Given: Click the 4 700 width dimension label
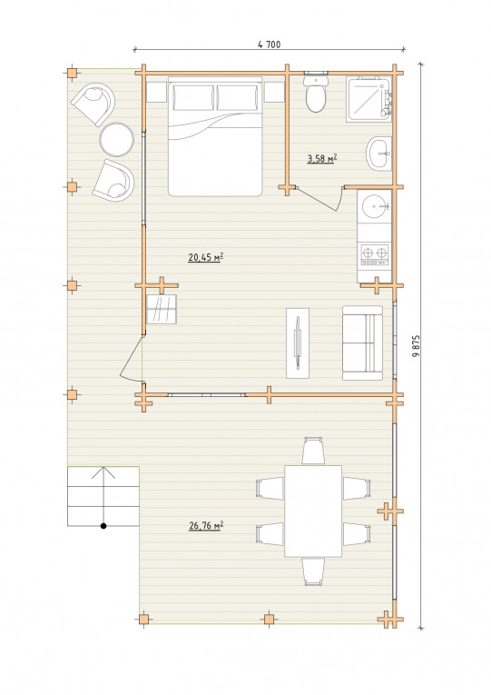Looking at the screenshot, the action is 269,45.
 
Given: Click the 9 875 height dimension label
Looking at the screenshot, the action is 416,346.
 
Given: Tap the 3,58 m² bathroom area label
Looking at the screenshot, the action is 322,158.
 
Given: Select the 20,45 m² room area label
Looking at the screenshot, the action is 205,257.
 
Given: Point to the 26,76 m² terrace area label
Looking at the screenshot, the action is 206,526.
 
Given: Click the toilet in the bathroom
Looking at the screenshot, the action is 316,93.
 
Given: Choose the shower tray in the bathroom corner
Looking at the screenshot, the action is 369,99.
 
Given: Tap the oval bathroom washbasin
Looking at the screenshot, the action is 379,154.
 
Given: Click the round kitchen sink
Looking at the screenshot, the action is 375,206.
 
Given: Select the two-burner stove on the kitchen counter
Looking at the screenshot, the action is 375,255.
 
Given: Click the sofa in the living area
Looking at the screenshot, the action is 363,343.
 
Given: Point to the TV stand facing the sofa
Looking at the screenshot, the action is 298,343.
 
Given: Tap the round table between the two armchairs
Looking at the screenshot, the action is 116,140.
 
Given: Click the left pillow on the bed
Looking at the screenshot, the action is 193,97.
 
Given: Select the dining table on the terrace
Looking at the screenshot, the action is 313,511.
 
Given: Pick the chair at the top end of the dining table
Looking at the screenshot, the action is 313,451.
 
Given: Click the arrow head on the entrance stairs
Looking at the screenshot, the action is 103,472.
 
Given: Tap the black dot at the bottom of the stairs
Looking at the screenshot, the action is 103,526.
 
